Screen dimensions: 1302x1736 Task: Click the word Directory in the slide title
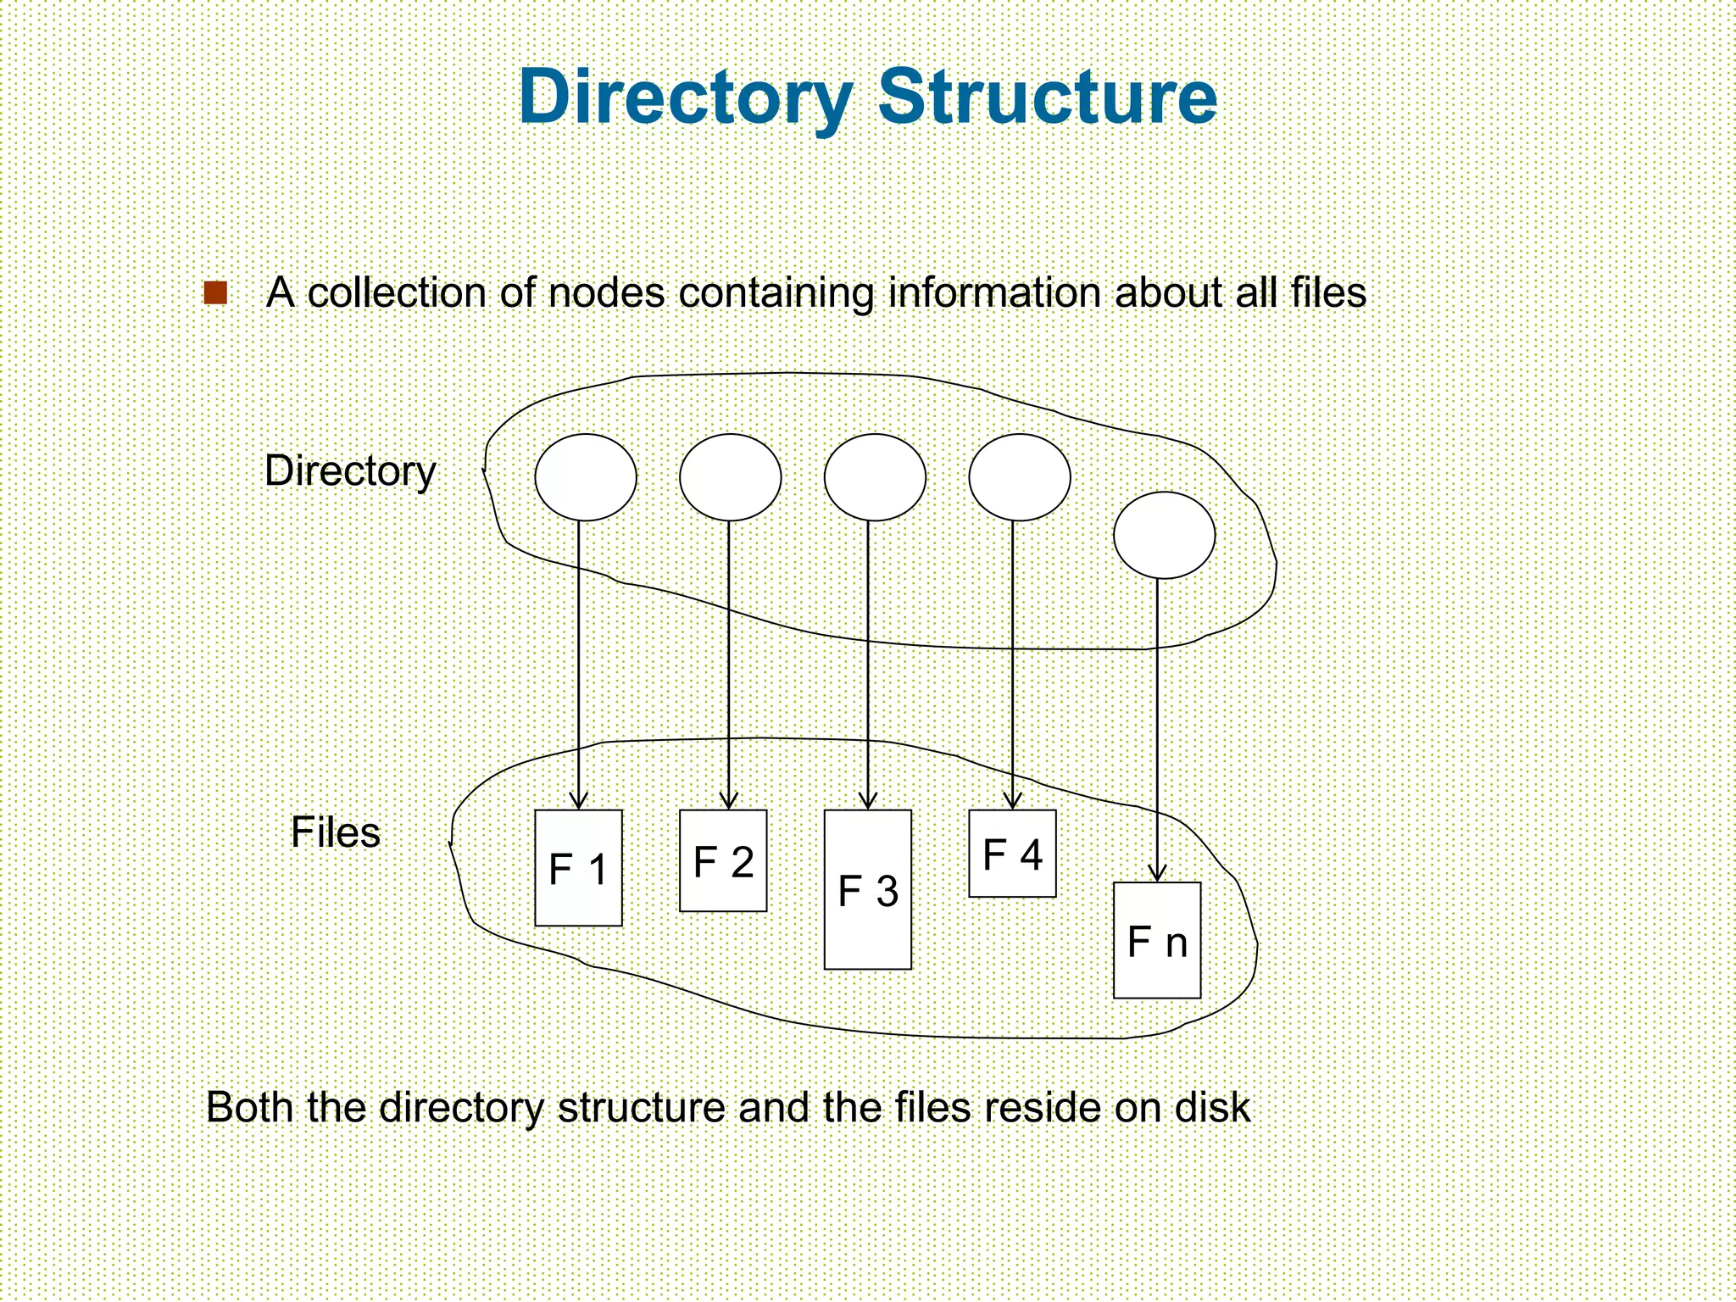point(685,97)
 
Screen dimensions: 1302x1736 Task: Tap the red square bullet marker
point(216,293)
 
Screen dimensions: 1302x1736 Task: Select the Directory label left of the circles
point(350,471)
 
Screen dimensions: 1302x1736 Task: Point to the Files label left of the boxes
point(336,832)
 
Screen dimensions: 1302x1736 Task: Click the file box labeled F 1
point(578,868)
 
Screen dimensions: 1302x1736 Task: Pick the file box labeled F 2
point(723,861)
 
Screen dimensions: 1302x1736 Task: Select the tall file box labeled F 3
point(867,890)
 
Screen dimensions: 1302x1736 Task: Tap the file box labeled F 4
point(1012,854)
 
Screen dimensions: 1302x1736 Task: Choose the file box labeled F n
point(1156,941)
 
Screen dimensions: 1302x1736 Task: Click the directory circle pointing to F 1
point(586,477)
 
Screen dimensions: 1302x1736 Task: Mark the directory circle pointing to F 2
point(730,477)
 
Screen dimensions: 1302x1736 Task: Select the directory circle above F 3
point(875,477)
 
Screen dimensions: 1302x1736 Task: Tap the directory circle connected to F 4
point(1020,477)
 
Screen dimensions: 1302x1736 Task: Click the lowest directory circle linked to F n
point(1164,536)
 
